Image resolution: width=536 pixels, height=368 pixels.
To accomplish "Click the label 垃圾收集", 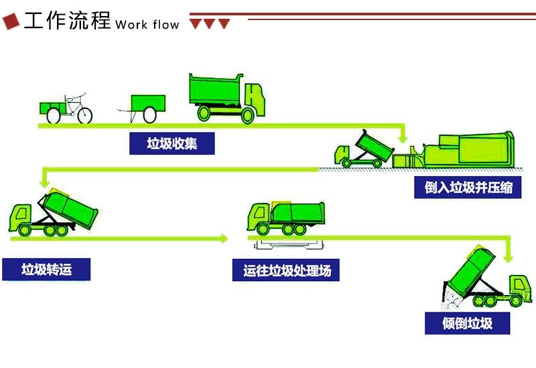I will click(172, 143).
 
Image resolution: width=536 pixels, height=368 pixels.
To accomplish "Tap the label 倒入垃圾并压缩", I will click(468, 187).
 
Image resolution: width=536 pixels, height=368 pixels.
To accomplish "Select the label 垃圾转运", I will click(46, 270).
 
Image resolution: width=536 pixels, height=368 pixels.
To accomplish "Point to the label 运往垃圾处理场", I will click(287, 271).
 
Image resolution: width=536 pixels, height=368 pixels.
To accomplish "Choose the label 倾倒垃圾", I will click(467, 323).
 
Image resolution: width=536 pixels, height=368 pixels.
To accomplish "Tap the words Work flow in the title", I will click(147, 25).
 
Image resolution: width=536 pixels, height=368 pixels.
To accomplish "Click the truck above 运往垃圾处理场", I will click(286, 217).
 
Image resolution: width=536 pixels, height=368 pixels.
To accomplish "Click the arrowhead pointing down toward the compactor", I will click(403, 136).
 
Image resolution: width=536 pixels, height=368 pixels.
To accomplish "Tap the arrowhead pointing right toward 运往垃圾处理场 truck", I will click(223, 238).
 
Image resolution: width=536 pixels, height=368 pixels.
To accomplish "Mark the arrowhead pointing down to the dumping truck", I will click(509, 256).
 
